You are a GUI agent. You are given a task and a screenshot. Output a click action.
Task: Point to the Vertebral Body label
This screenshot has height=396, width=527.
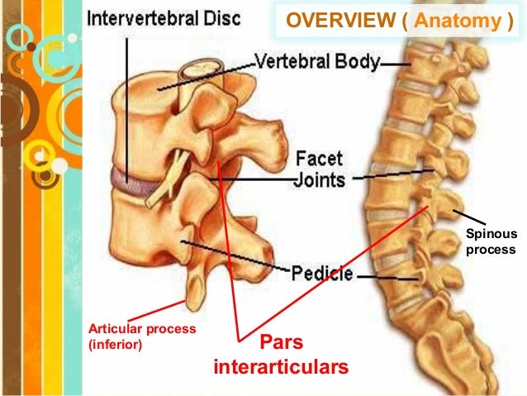(x=319, y=62)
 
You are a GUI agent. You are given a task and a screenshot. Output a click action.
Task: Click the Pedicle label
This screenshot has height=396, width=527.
(x=324, y=274)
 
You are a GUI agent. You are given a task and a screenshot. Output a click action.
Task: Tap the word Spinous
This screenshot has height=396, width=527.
(x=488, y=234)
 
